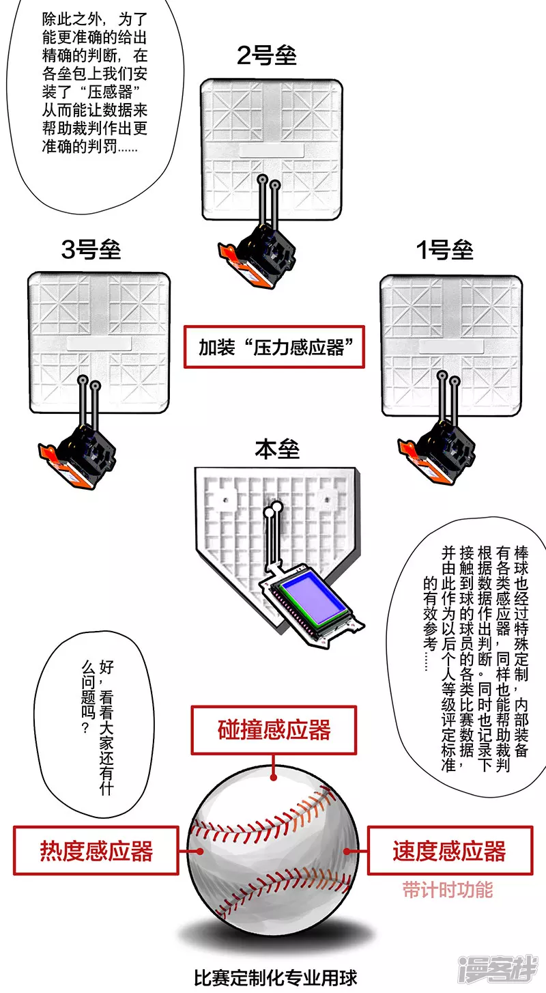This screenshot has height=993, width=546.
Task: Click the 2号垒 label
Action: pyautogui.click(x=266, y=55)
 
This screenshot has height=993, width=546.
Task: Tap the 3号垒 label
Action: pyautogui.click(x=91, y=249)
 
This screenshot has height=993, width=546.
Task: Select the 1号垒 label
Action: pyautogui.click(x=445, y=250)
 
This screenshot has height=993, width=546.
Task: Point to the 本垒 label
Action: pyautogui.click(x=277, y=449)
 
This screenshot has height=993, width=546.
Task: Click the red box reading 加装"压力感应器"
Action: pyautogui.click(x=274, y=347)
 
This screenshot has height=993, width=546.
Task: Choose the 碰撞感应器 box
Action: pyautogui.click(x=274, y=730)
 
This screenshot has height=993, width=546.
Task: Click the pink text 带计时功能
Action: pyautogui.click(x=448, y=890)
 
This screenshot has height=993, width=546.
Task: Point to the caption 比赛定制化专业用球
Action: pyautogui.click(x=276, y=978)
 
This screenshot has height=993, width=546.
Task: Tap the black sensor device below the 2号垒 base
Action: pyautogui.click(x=258, y=256)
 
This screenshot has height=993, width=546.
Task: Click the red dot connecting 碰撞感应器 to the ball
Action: pyautogui.click(x=274, y=778)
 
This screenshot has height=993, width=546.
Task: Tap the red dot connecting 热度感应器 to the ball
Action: pyautogui.click(x=201, y=851)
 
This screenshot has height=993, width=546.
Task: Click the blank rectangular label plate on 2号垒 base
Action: pyautogui.click(x=272, y=150)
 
